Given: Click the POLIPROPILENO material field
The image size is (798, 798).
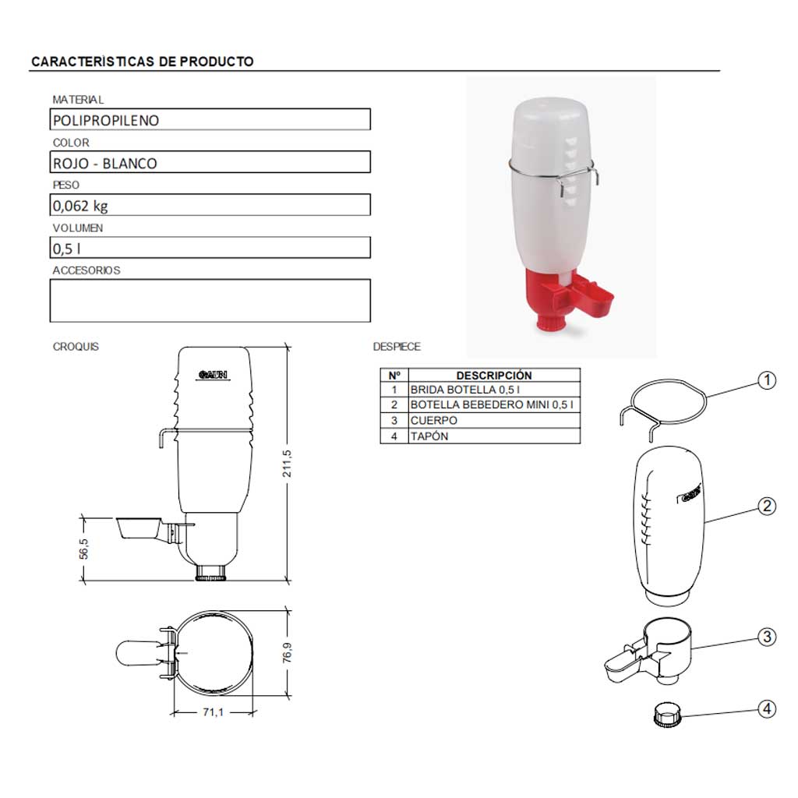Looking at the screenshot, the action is point(210,119).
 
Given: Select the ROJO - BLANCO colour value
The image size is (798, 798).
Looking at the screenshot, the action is point(105,164).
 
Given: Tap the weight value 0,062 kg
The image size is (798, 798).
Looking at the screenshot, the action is point(80,206).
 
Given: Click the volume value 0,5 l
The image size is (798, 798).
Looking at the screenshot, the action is point(67,249).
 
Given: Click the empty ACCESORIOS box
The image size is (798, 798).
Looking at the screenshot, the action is point(210,300).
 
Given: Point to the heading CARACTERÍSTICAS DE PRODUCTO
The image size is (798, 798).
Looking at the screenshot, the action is point(143,62).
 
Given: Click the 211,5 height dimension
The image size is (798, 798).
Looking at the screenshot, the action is point(287,463).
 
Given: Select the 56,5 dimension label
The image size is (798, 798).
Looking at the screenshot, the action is point(83,549).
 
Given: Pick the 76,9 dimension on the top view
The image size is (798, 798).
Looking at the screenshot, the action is point(287,652).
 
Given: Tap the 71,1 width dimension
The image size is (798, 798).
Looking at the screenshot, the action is point(214,712).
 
